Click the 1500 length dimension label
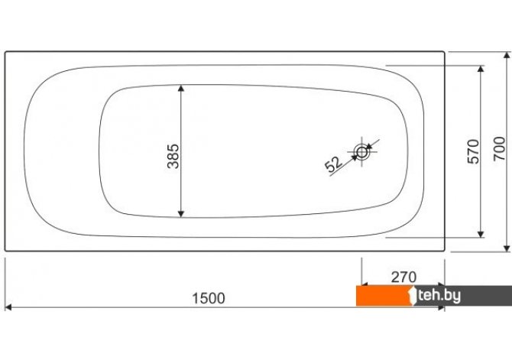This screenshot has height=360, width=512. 209,298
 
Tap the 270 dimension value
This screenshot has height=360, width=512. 403,277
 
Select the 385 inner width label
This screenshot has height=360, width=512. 173,156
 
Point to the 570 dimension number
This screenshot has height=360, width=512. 473,151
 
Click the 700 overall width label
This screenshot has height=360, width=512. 499,148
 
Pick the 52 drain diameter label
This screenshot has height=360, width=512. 334,164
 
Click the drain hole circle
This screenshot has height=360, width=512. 361,152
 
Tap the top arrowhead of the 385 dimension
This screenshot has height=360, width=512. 181,88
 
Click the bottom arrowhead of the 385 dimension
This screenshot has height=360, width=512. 181,214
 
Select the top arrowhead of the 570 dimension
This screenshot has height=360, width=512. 481,69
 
